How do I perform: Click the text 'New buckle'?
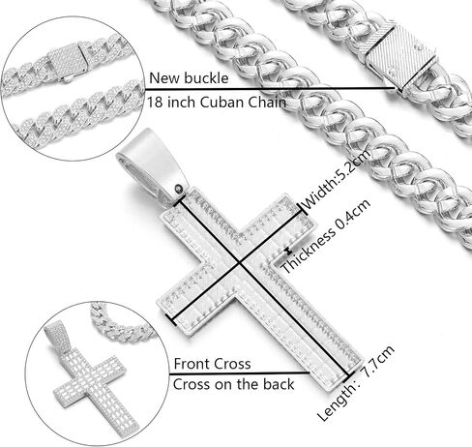coord(189,78)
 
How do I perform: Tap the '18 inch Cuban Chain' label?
coord(217,103)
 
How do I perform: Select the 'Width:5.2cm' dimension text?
coord(337,181)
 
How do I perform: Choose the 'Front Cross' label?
coord(212,364)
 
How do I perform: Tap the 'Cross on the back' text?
coord(234,384)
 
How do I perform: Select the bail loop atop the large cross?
coord(152,164)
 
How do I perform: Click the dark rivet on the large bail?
coord(178,188)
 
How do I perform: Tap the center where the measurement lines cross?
coord(240,263)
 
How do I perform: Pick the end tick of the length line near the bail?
coord(178,200)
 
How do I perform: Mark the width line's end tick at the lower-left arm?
coord(171,319)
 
